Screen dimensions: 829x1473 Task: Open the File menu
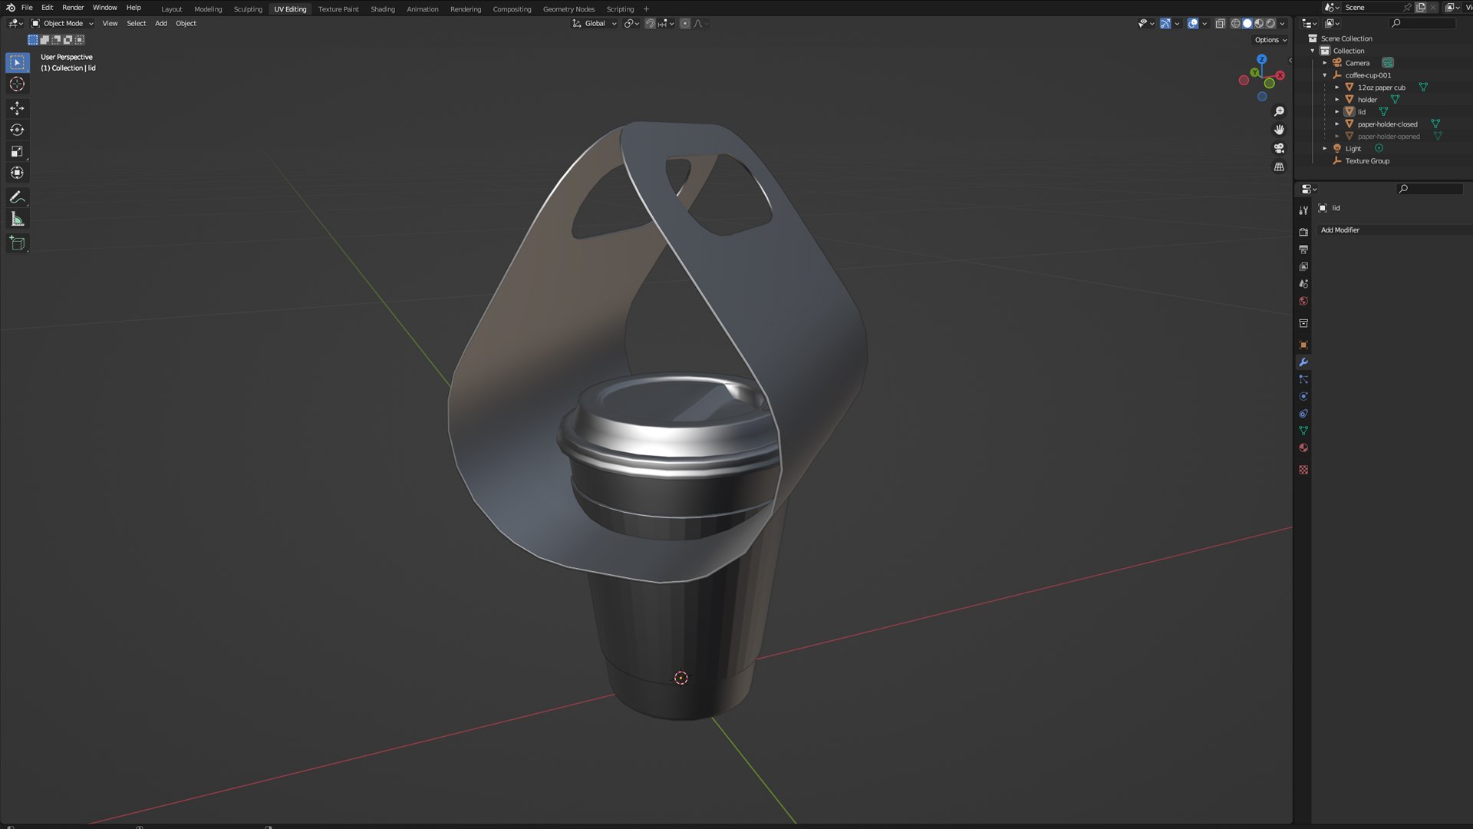pos(27,8)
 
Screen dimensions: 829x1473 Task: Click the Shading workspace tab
pos(382,9)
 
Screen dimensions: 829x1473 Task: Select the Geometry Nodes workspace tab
pos(568,9)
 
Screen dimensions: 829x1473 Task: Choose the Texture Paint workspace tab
pos(338,9)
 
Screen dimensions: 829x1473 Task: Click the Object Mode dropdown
pos(62,24)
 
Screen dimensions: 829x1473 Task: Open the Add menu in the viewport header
pos(161,24)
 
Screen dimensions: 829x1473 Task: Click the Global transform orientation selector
pos(595,24)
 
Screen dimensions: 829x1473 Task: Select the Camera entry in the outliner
pos(1357,63)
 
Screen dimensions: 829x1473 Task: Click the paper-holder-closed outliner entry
pos(1387,124)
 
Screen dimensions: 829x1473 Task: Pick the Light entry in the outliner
pos(1353,149)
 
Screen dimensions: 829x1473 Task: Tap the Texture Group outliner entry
pos(1367,161)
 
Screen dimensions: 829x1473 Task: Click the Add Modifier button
pos(1340,230)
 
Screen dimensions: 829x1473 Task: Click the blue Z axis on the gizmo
pos(1261,59)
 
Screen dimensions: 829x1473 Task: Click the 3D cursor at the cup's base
pos(680,678)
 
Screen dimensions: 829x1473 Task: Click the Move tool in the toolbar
pos(17,108)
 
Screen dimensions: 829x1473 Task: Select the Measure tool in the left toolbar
pos(17,220)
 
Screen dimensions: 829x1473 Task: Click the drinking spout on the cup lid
pos(736,391)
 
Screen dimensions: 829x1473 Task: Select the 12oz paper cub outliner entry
pos(1381,88)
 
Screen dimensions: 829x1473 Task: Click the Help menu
pos(133,8)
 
